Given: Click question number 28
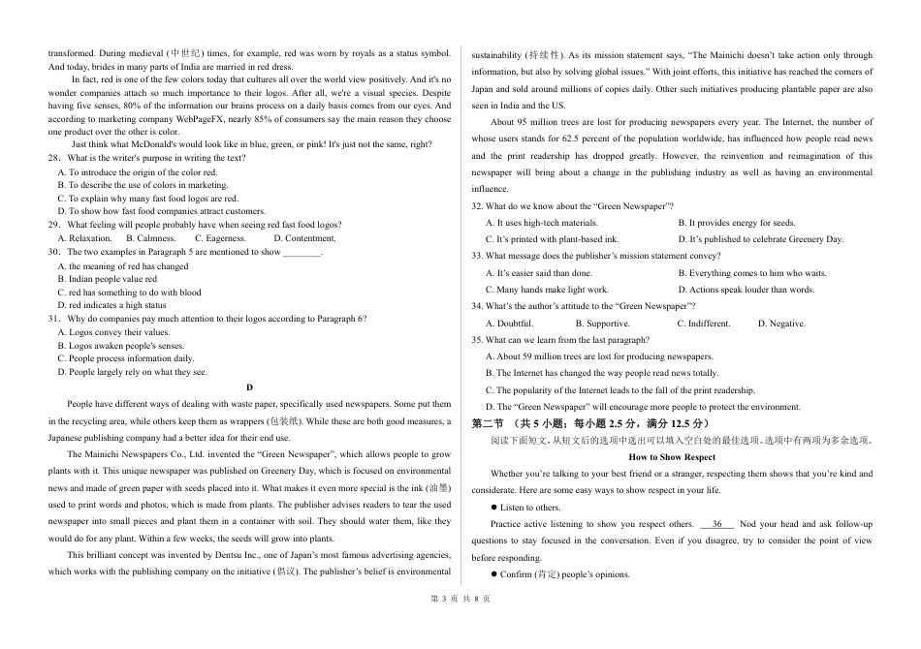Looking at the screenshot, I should (x=54, y=158).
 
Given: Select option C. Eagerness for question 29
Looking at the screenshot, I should (x=220, y=238).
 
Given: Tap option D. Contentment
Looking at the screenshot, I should (x=304, y=238).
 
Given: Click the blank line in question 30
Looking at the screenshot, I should (x=302, y=252).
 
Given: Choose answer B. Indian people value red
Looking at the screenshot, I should (x=107, y=279).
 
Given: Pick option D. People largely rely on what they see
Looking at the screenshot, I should (x=132, y=372).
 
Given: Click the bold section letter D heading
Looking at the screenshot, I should (x=249, y=386).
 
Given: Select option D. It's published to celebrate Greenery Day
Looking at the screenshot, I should (x=760, y=238).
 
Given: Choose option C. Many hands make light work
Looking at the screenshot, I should (x=547, y=290).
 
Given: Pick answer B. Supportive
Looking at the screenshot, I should (x=602, y=324).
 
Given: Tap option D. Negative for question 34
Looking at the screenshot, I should (x=781, y=324).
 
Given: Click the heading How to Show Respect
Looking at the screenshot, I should (x=672, y=457).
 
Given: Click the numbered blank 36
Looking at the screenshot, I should (x=717, y=524).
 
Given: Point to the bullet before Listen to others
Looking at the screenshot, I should (x=493, y=508).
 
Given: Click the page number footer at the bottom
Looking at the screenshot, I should (x=460, y=626).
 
